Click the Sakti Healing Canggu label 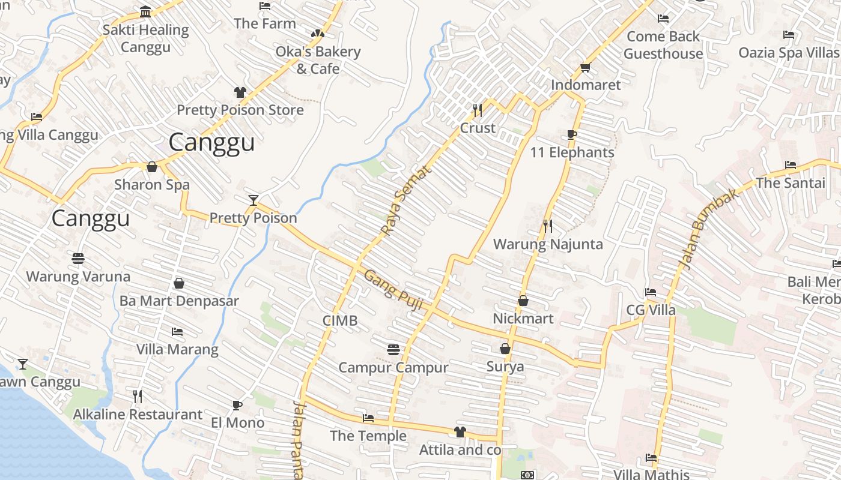(x=145, y=38)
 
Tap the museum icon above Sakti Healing (x=145, y=11)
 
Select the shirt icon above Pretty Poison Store (x=240, y=92)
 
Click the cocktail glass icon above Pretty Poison (x=254, y=200)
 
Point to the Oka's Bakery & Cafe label (x=318, y=60)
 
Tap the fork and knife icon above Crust (x=478, y=110)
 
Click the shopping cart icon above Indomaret (x=586, y=67)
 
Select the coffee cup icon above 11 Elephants (x=572, y=134)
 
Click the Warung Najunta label (x=547, y=244)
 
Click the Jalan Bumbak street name (x=708, y=229)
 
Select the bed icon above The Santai (x=791, y=165)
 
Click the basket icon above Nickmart (x=523, y=301)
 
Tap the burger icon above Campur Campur (x=393, y=349)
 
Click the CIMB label (x=340, y=320)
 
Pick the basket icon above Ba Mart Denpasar (x=179, y=283)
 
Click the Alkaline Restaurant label (x=138, y=414)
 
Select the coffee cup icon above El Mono (x=237, y=405)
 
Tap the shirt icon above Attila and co (x=460, y=431)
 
